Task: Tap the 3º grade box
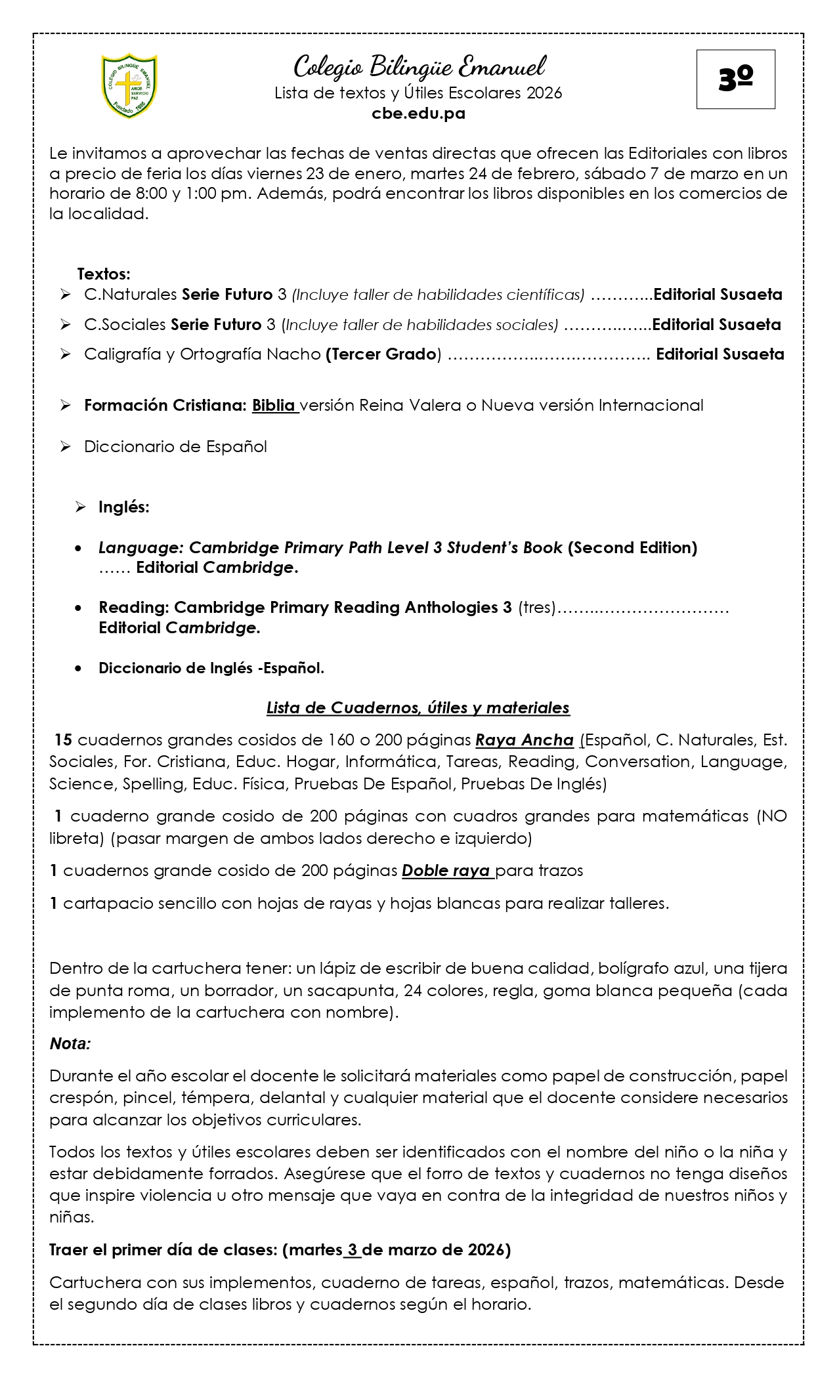pyautogui.click(x=735, y=79)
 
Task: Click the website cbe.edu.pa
pyautogui.click(x=418, y=114)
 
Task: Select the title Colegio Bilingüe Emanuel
pyautogui.click(x=419, y=67)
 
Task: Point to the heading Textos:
pyautogui.click(x=104, y=274)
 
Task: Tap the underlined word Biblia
pyautogui.click(x=274, y=406)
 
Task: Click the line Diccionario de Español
pyautogui.click(x=175, y=447)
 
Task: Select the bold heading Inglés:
pyautogui.click(x=124, y=507)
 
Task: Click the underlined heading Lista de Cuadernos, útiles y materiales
pyautogui.click(x=418, y=708)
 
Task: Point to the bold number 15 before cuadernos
pyautogui.click(x=63, y=740)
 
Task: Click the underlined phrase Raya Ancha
pyautogui.click(x=525, y=740)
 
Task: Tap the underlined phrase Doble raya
pyautogui.click(x=446, y=871)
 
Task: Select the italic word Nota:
pyautogui.click(x=70, y=1044)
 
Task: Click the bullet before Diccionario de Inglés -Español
pyautogui.click(x=79, y=669)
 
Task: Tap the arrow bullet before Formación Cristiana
pyautogui.click(x=65, y=406)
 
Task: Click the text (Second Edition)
pyautogui.click(x=632, y=547)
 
